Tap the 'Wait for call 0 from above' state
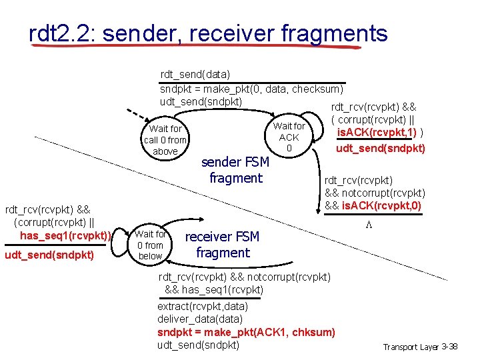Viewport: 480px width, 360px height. click(x=165, y=140)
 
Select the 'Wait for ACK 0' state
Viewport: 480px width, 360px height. click(x=289, y=137)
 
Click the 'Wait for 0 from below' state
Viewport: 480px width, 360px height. click(x=150, y=245)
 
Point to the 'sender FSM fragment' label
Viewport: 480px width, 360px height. click(x=235, y=170)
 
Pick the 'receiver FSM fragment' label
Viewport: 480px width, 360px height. click(x=222, y=245)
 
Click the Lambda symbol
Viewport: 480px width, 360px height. click(x=368, y=226)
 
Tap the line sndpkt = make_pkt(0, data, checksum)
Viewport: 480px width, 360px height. click(x=251, y=89)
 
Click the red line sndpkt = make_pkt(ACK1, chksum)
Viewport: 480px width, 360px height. click(x=246, y=332)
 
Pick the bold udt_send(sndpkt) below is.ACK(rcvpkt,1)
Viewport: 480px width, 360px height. click(x=381, y=148)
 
